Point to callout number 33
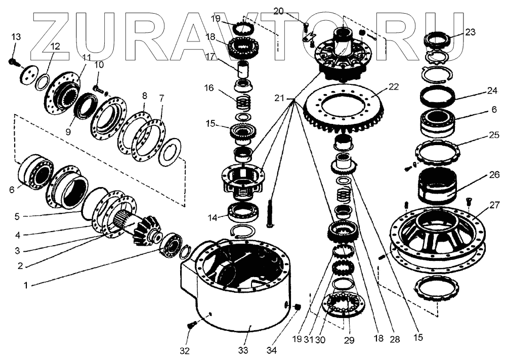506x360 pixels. point(244,350)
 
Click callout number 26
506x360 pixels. point(494,175)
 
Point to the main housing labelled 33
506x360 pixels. point(238,298)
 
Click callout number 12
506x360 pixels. point(55,46)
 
